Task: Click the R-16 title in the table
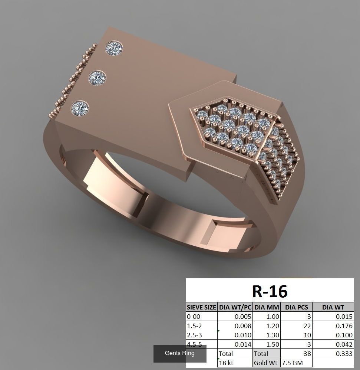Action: click(270, 291)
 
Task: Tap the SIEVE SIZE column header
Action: click(201, 307)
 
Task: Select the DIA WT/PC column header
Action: click(235, 307)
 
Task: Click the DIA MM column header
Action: click(267, 307)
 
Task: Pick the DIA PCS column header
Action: click(297, 307)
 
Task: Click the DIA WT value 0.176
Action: click(344, 326)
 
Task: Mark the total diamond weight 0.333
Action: click(344, 354)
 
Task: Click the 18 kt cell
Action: click(226, 363)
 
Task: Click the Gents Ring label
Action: click(180, 353)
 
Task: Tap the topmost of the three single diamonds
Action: click(114, 49)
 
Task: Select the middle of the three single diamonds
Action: click(97, 78)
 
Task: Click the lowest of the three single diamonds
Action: click(80, 108)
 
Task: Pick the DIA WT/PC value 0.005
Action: click(243, 317)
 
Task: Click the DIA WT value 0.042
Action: click(344, 344)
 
